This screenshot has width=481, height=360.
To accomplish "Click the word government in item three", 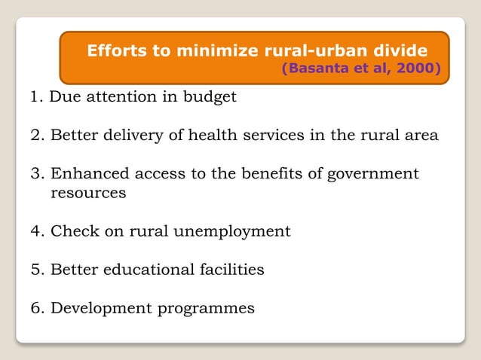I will [372, 174].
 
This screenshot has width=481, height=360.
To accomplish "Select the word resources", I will [87, 193].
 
